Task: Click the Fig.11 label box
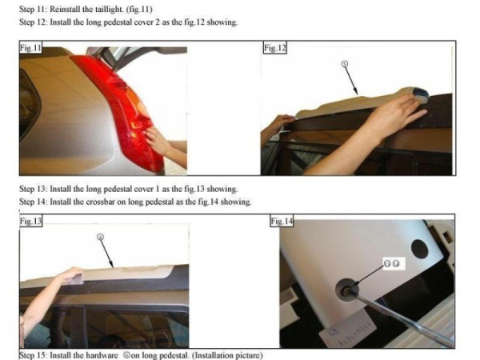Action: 30,47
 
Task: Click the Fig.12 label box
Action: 275,48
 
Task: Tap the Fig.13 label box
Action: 30,221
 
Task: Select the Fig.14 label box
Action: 282,221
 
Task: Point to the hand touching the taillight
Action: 158,141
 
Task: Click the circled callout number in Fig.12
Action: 345,64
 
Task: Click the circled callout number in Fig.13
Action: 101,237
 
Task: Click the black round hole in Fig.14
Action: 419,249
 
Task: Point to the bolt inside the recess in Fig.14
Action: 347,290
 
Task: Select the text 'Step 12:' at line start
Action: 33,22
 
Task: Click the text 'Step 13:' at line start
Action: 33,189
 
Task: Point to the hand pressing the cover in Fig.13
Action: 71,275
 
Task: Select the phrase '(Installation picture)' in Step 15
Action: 229,355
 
